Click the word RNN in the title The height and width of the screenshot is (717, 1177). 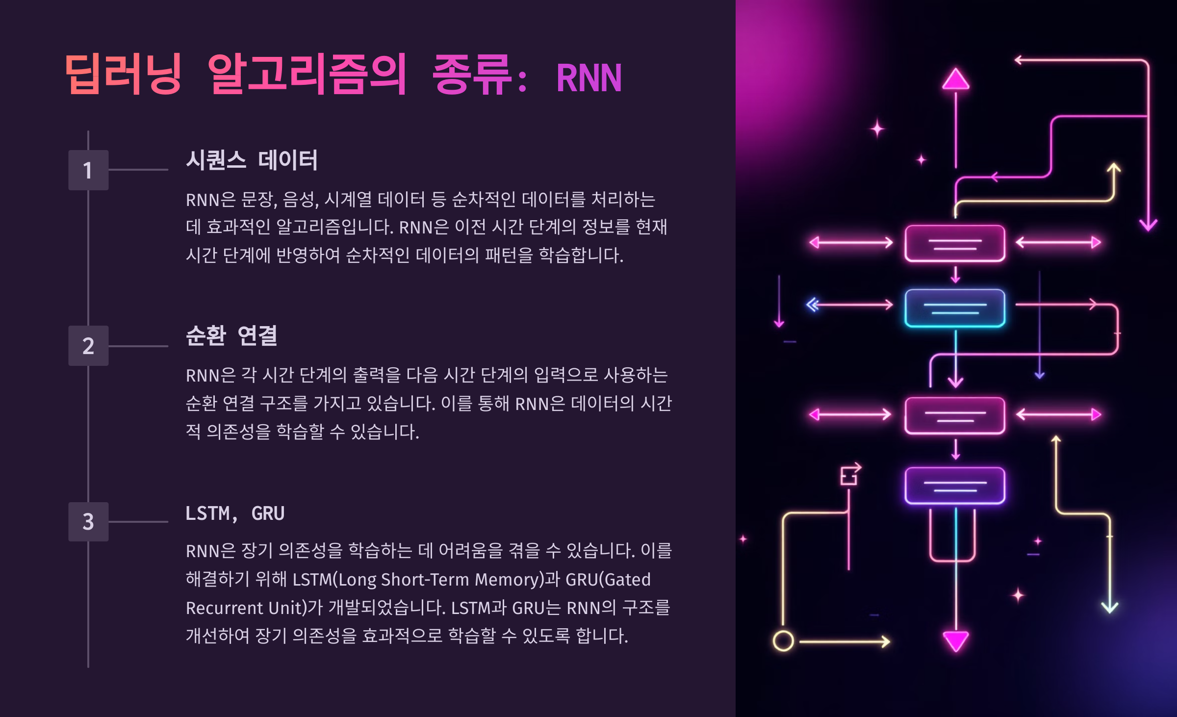click(x=588, y=77)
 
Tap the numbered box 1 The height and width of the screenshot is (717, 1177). click(x=88, y=170)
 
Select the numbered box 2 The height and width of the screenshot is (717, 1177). click(x=88, y=346)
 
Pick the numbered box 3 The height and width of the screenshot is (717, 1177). click(x=88, y=521)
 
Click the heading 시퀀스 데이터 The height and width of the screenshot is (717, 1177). click(x=252, y=160)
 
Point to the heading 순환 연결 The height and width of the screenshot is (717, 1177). click(x=231, y=336)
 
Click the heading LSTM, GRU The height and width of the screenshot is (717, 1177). click(x=235, y=513)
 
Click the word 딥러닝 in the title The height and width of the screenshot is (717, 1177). click(x=123, y=75)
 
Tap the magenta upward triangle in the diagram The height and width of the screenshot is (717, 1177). click(x=955, y=80)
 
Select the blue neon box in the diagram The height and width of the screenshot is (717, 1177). click(x=955, y=308)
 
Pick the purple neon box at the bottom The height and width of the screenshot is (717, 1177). click(x=955, y=486)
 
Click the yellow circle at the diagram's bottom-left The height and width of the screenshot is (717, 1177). click(x=783, y=640)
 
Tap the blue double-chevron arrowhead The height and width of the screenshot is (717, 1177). click(x=813, y=305)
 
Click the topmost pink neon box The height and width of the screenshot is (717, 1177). click(x=955, y=243)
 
